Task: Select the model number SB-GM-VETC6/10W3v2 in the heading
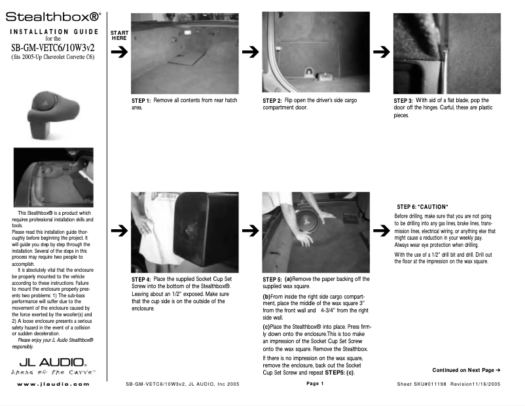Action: coord(54,47)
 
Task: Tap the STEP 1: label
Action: coord(141,101)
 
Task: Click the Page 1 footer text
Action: coord(315,384)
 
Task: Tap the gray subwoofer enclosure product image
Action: coord(46,112)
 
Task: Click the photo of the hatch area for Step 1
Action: coord(185,52)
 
